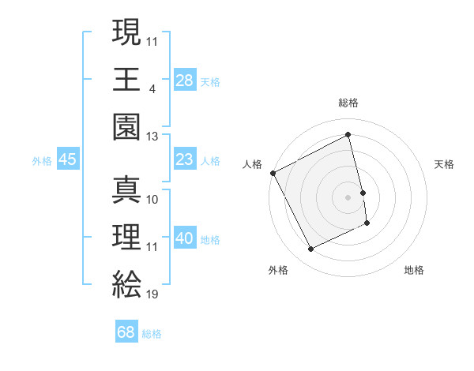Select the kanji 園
pyautogui.click(x=126, y=126)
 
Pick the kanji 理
pyautogui.click(x=126, y=234)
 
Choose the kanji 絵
pyautogui.click(x=126, y=283)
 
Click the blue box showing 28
pyautogui.click(x=185, y=80)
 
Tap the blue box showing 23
pyautogui.click(x=185, y=159)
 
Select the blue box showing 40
pyautogui.click(x=185, y=238)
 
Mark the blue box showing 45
pyautogui.click(x=67, y=159)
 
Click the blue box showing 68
pyautogui.click(x=126, y=332)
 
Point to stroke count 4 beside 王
pyautogui.click(x=152, y=88)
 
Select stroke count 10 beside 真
pyautogui.click(x=152, y=199)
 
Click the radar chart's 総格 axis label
pyautogui.click(x=348, y=103)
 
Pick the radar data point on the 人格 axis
pyautogui.click(x=273, y=173)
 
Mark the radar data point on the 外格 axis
pyautogui.click(x=310, y=249)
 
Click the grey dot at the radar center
pyautogui.click(x=348, y=197)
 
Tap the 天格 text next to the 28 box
pyautogui.click(x=210, y=81)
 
